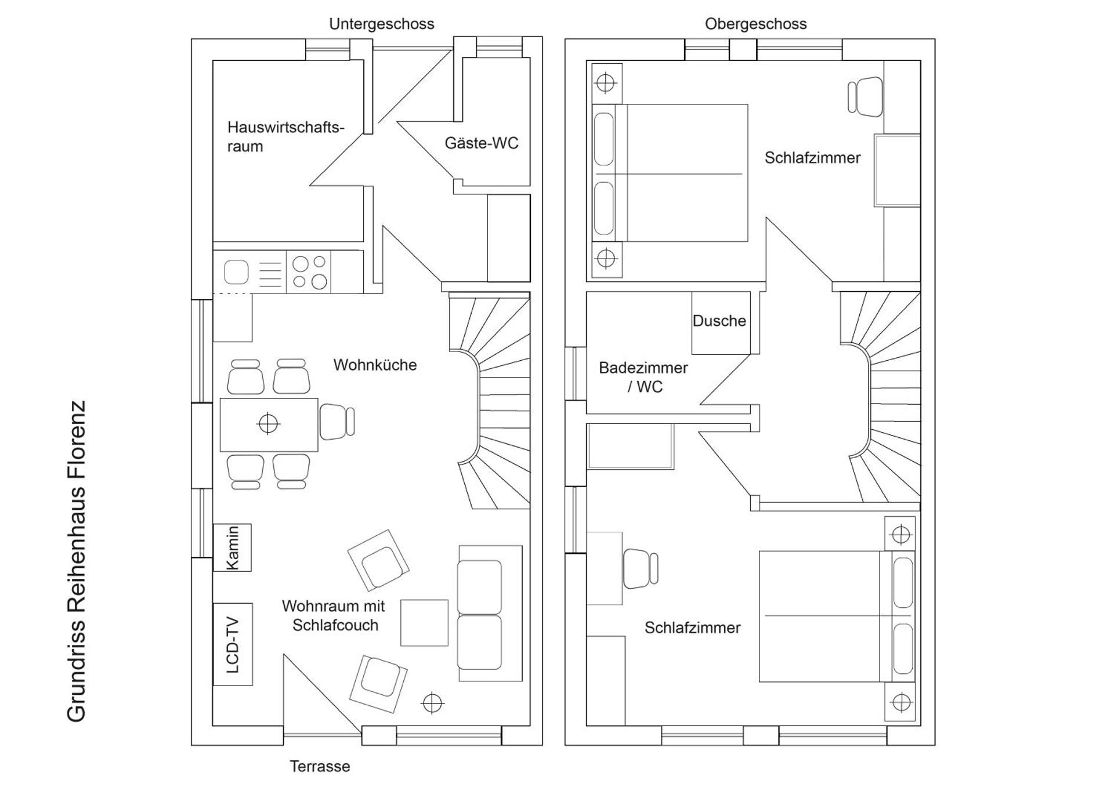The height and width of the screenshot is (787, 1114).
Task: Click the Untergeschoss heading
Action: coord(381,24)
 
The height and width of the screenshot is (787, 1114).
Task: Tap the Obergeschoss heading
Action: coord(755,24)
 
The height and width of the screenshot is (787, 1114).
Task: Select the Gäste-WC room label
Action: coord(481,143)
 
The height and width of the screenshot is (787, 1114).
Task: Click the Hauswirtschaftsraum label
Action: coord(285,136)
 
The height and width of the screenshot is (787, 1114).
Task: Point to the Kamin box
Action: coord(232,547)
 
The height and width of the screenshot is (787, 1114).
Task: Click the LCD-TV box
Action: coord(232,644)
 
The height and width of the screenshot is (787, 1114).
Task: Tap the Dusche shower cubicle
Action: coord(719,322)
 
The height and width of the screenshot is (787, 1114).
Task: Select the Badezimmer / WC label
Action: coord(643,377)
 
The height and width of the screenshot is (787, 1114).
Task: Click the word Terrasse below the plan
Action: coord(320,766)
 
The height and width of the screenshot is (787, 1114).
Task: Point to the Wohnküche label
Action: coord(375,365)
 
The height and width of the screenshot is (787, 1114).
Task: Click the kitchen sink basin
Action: coord(236,272)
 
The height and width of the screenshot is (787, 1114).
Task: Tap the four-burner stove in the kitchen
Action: coord(309,272)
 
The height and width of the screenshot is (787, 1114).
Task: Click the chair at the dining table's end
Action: coord(337,422)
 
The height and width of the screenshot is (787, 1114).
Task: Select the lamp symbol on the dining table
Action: coord(268,424)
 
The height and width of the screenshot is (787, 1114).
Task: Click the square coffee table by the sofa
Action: coord(424,623)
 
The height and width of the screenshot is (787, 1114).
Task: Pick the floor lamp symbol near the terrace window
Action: coord(432,703)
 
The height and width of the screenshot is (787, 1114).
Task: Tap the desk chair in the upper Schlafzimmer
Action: coord(865,97)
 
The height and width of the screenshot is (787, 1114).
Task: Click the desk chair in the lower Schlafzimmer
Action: coord(640,568)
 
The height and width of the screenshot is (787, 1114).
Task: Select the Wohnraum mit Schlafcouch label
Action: coord(334,615)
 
